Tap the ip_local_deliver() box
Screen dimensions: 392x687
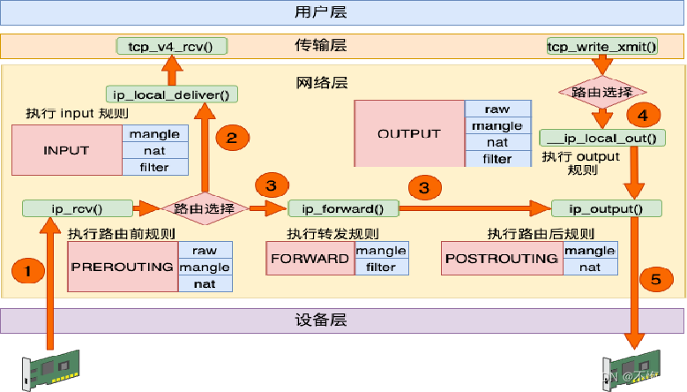pos(172,93)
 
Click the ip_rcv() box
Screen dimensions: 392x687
pos(77,208)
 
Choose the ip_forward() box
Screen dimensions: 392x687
pos(343,208)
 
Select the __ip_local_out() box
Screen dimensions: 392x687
pos(602,138)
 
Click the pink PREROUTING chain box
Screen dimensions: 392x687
pos(123,267)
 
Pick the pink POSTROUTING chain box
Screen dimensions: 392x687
pos(502,259)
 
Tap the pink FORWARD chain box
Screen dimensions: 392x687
pos(310,259)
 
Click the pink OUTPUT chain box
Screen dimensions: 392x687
pos(408,133)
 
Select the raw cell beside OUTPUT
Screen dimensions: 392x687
pos(497,109)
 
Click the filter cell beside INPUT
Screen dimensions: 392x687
pos(154,167)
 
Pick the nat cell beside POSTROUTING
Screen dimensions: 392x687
pos(590,267)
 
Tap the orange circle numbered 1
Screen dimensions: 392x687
pos(28,272)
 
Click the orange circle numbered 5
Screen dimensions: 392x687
pos(654,279)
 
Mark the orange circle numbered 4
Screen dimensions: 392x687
pos(642,115)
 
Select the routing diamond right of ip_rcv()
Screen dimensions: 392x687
pos(204,208)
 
